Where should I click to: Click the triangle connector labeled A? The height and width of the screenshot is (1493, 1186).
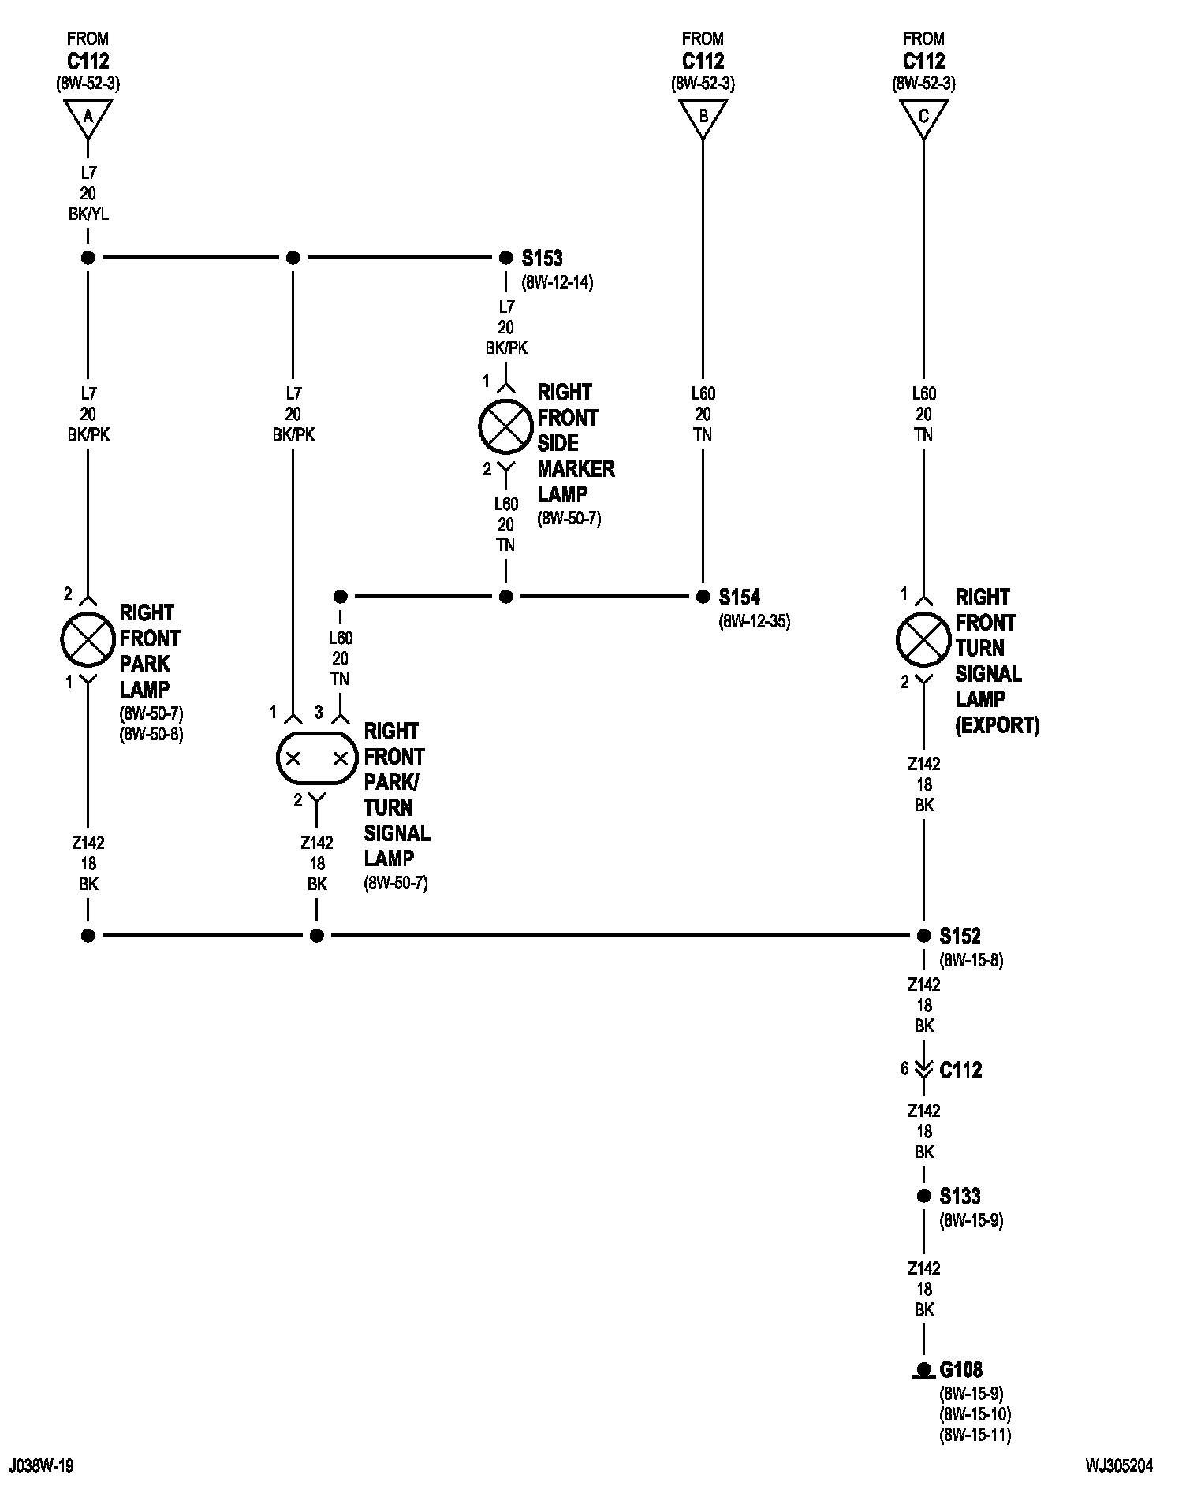(88, 117)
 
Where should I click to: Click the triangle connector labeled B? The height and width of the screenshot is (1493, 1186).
(703, 117)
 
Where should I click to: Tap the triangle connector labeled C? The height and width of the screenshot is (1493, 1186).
(923, 117)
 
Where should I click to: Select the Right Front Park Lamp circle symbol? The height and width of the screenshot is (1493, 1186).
(88, 639)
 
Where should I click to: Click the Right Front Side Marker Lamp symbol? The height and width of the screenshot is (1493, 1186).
(505, 426)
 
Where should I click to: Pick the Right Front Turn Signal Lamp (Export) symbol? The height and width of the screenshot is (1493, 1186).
(923, 639)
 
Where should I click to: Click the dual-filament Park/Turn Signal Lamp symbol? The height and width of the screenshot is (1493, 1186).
(316, 758)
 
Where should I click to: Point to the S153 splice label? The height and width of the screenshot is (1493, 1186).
(542, 258)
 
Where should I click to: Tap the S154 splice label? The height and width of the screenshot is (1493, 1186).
(739, 597)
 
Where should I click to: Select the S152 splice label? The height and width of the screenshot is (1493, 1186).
(960, 936)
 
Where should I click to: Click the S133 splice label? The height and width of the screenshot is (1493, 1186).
(960, 1196)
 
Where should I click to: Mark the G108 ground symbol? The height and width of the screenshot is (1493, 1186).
(923, 1372)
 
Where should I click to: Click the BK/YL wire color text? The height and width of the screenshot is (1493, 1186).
(88, 214)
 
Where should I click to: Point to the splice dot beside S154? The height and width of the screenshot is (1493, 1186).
(703, 597)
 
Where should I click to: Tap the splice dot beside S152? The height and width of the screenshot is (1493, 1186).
(923, 936)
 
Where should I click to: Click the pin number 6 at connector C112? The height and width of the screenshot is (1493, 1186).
(904, 1069)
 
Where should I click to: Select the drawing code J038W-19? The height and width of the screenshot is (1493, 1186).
(42, 1465)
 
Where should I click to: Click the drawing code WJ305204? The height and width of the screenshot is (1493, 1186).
(1120, 1465)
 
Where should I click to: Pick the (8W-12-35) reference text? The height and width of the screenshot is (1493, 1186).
(754, 622)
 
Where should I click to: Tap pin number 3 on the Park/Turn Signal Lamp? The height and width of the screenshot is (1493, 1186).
(319, 713)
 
